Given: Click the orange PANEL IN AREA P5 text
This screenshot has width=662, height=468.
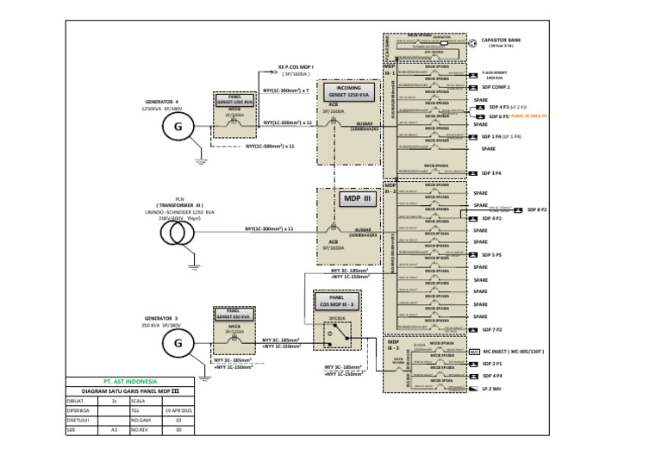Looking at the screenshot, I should (529, 115).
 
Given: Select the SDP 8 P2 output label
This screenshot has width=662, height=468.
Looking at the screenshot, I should (538, 209).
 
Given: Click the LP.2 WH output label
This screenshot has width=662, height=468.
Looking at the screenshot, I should (492, 389).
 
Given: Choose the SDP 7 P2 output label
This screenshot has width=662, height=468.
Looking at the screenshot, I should (492, 330).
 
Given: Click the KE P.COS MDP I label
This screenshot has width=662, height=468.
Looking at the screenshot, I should (296, 66).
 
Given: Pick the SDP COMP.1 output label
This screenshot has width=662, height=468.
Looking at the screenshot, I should (496, 87).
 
